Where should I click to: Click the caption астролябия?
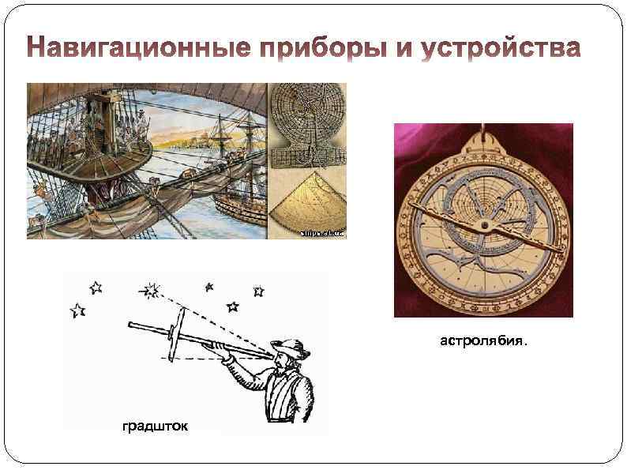[x=482, y=342]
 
